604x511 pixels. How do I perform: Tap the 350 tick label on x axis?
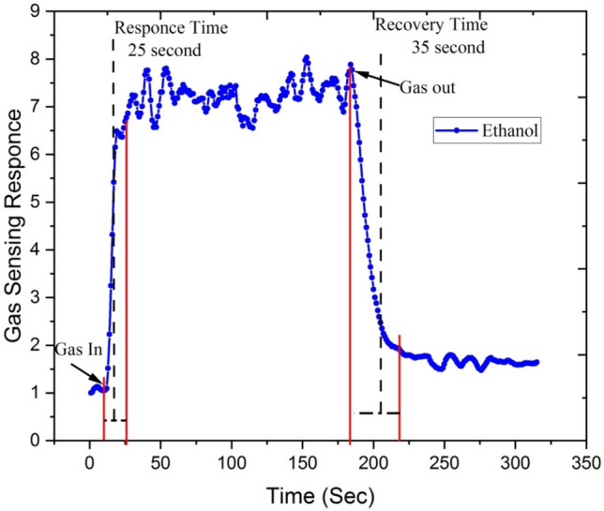click(x=586, y=462)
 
